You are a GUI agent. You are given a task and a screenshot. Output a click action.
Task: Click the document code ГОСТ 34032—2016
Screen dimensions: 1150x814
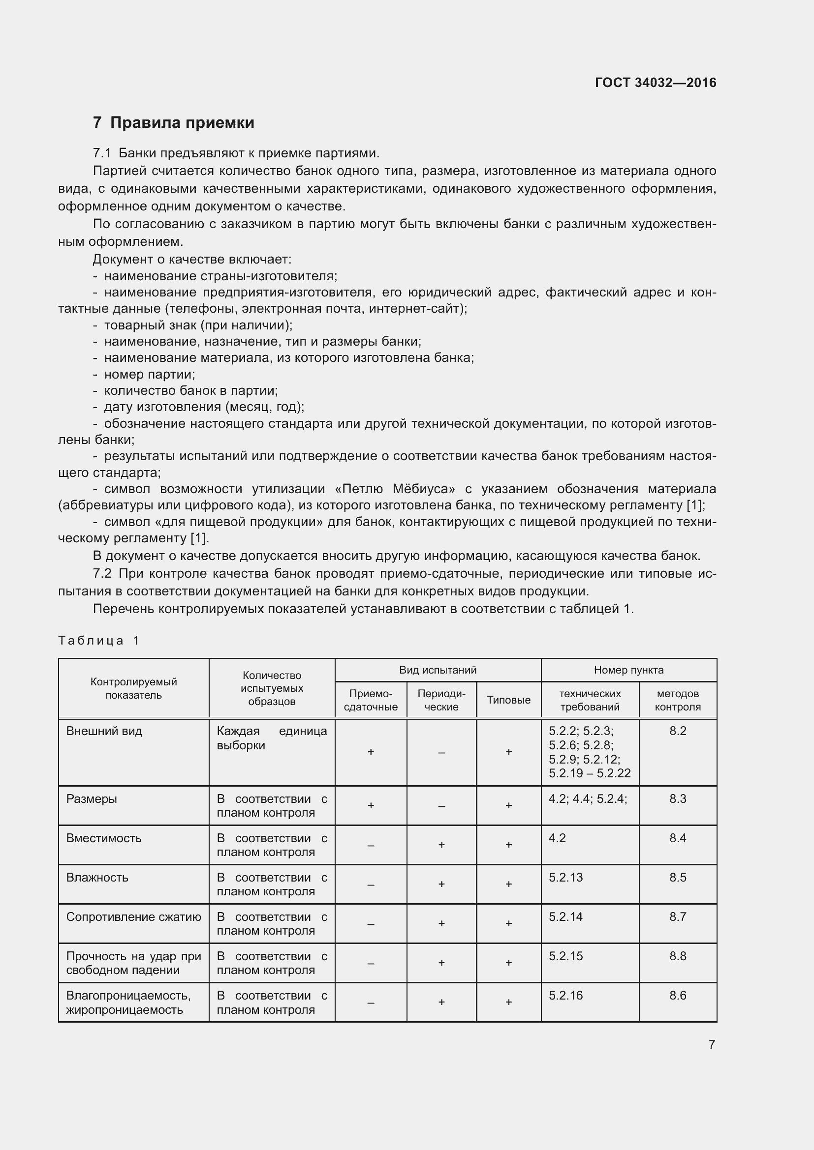point(655,83)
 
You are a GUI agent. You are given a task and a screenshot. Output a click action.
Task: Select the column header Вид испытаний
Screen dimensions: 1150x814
point(437,670)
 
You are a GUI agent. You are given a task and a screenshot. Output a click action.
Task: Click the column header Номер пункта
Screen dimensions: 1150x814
point(628,670)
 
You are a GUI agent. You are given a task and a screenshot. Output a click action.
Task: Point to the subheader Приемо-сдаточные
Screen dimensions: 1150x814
point(371,700)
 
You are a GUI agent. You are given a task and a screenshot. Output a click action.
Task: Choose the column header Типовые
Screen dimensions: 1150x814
point(508,700)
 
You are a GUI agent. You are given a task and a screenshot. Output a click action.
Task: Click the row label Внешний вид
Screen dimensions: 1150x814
point(104,731)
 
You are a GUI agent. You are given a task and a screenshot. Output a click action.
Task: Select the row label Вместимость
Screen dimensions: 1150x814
point(104,838)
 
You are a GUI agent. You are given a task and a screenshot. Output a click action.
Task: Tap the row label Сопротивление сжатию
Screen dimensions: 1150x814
point(133,916)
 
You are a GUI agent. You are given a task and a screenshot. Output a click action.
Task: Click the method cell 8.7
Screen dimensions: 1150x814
point(677,916)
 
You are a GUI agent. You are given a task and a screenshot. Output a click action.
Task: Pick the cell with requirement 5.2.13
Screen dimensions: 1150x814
point(565,878)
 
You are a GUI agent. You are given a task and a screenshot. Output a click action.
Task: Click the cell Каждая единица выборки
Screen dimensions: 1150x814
point(271,738)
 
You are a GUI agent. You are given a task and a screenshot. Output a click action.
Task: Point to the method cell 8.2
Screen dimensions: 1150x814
point(677,731)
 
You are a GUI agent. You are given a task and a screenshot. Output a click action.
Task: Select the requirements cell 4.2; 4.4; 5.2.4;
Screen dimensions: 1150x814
point(588,798)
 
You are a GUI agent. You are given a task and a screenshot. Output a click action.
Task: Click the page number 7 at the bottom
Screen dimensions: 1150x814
point(711,1044)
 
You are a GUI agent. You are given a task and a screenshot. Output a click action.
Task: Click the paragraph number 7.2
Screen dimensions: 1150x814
point(102,573)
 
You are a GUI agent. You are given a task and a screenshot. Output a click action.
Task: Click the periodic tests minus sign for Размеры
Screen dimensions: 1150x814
point(441,806)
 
